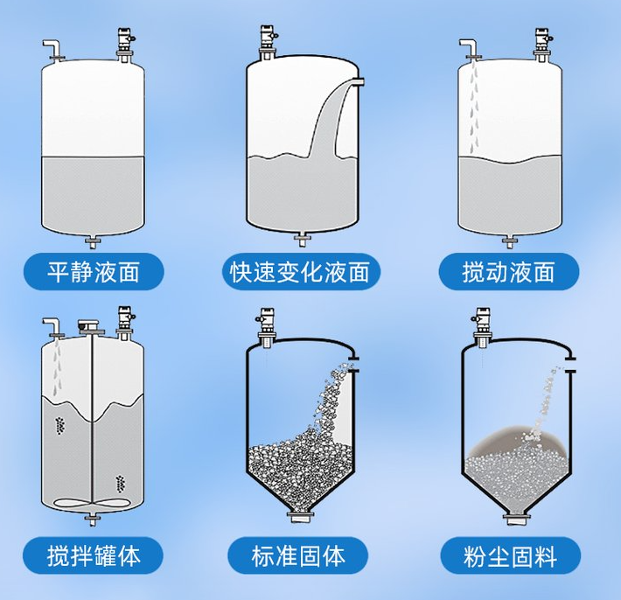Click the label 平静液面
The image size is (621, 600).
[x=93, y=272]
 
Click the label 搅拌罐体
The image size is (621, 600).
[x=93, y=554]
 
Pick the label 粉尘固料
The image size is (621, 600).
[x=510, y=554]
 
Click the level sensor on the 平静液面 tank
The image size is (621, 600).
[x=125, y=43]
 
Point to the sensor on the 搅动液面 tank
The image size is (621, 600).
[x=541, y=43]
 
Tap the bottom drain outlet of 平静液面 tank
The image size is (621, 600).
[x=93, y=241]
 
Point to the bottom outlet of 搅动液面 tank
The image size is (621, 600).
[x=509, y=241]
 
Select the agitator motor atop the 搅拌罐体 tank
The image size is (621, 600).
[x=89, y=325]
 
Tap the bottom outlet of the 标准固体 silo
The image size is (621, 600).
[x=301, y=522]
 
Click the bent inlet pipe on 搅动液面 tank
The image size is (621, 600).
[x=469, y=47]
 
